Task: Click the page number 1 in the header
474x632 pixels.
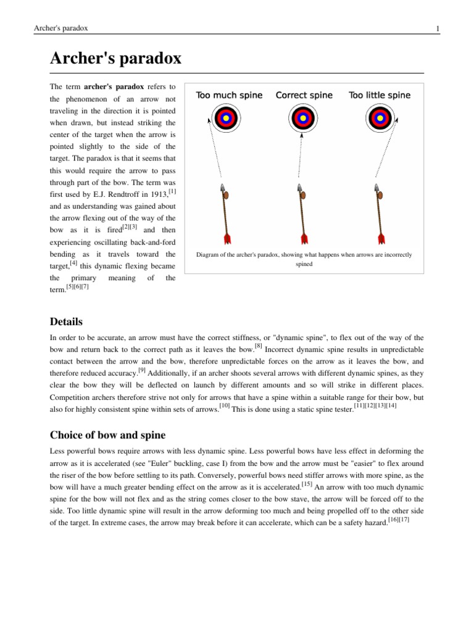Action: coord(437,28)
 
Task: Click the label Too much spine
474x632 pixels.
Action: coord(229,95)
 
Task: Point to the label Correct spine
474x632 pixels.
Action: coord(304,95)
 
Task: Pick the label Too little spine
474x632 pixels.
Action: coord(380,95)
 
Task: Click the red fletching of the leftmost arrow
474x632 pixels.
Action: coord(227,238)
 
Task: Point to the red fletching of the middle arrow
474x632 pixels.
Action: coord(304,238)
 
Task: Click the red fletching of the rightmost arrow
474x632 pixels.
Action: coord(381,238)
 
